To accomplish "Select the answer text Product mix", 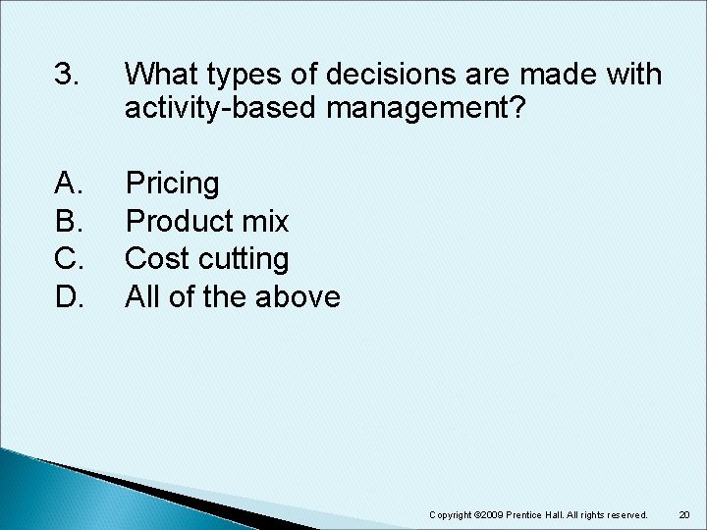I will [207, 222].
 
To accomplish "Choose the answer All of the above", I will [233, 296].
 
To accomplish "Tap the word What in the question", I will [160, 75].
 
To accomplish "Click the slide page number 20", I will [684, 514].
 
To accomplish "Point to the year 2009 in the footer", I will [494, 514].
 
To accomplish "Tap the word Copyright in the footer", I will [451, 514].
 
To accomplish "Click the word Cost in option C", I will [154, 259].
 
